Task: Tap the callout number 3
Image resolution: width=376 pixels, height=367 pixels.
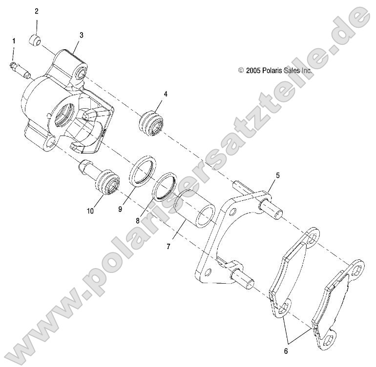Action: pos(81,35)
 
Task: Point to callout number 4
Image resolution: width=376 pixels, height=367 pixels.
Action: pos(166,94)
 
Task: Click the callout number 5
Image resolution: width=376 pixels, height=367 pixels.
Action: pos(277,175)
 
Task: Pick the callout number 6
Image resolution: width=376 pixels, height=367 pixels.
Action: pos(286,350)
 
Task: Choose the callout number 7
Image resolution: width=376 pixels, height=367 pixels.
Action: pos(168,246)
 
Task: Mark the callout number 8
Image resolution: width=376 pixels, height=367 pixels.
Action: pos(138,220)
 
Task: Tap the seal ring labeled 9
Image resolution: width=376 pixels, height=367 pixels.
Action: pos(142,172)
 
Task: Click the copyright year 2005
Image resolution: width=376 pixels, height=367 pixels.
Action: pos(253,70)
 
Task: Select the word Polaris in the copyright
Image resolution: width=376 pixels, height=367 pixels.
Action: pos(272,70)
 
